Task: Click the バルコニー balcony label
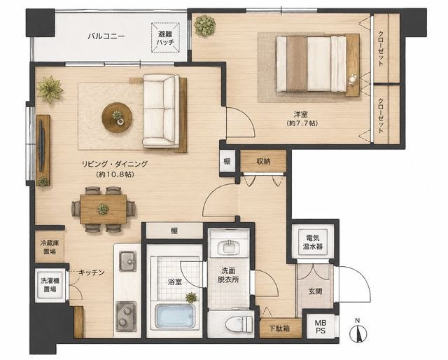coord(106,36)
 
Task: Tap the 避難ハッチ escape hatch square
coord(166,38)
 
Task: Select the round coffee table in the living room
coord(117,117)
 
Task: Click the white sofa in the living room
coord(161,111)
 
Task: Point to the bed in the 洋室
coord(311,64)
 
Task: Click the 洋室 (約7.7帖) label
coord(302,119)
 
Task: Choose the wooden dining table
coord(103,209)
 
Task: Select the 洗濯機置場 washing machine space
coord(50,285)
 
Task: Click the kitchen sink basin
coord(127,261)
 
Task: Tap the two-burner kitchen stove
coord(126,317)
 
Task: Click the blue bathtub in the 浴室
coord(175,317)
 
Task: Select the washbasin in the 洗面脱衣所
coord(228,247)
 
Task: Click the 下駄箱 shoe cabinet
coord(281,328)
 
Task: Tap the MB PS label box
coord(321,327)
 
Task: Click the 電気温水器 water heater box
coord(313,242)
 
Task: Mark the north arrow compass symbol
coord(358,332)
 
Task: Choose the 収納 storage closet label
coord(263,161)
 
